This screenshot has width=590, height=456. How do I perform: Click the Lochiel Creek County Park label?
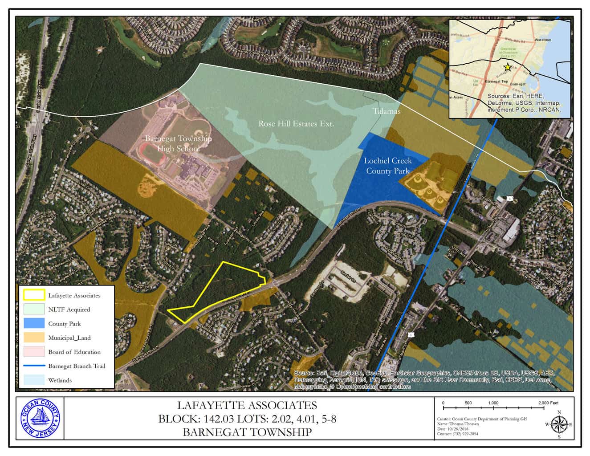(x=387, y=165)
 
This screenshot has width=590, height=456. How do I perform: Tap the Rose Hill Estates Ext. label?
(x=296, y=123)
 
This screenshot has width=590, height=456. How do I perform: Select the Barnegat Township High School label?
(x=178, y=143)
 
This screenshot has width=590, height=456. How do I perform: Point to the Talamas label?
(x=387, y=111)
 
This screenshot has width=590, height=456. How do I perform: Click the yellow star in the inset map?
(x=507, y=67)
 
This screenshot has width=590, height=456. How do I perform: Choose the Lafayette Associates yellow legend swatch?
(x=34, y=295)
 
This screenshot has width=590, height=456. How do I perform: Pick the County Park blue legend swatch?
(x=34, y=323)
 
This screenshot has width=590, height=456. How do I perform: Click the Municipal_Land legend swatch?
(x=34, y=338)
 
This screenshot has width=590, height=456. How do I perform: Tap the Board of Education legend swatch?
(x=34, y=352)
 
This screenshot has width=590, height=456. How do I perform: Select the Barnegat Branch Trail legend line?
(x=34, y=366)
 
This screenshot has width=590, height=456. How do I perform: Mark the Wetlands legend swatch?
(x=34, y=380)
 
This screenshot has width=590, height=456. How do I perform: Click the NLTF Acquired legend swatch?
(x=34, y=309)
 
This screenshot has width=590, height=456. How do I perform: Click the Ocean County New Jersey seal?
(x=40, y=419)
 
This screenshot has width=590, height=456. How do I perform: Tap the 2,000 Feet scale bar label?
(x=548, y=403)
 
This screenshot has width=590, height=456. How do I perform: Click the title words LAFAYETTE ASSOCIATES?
(x=247, y=405)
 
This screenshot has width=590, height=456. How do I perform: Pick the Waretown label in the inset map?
(x=543, y=40)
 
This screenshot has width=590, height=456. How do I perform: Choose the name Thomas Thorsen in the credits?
(x=465, y=424)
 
